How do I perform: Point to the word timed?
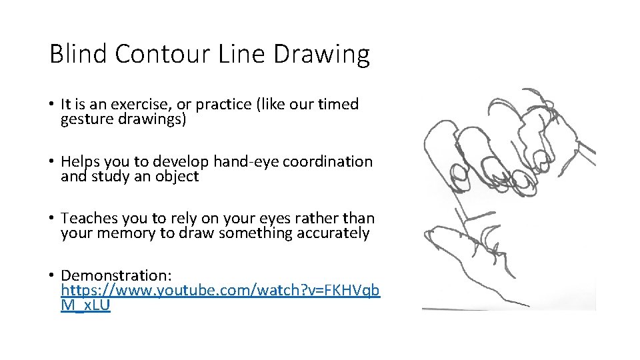click(338, 105)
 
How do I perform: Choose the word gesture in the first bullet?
click(85, 120)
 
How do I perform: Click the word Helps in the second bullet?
click(79, 162)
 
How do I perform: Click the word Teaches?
click(88, 219)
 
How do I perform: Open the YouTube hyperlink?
click(220, 291)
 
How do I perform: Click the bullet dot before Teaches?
click(51, 219)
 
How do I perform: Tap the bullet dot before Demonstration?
click(51, 275)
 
